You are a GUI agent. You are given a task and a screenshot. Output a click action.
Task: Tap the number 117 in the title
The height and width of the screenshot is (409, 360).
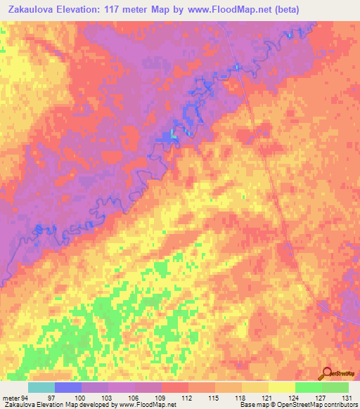pyautogui.click(x=124, y=10)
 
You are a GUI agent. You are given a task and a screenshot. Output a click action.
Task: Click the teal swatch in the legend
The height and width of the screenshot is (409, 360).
pyautogui.click(x=41, y=387)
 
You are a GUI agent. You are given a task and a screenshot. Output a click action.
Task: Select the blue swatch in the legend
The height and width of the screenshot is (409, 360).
pyautogui.click(x=68, y=387)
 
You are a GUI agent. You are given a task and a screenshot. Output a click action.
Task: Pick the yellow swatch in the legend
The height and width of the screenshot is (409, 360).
pyautogui.click(x=281, y=387)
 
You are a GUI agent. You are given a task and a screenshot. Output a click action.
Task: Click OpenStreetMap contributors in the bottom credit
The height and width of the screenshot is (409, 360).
pyautogui.click(x=319, y=405)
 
